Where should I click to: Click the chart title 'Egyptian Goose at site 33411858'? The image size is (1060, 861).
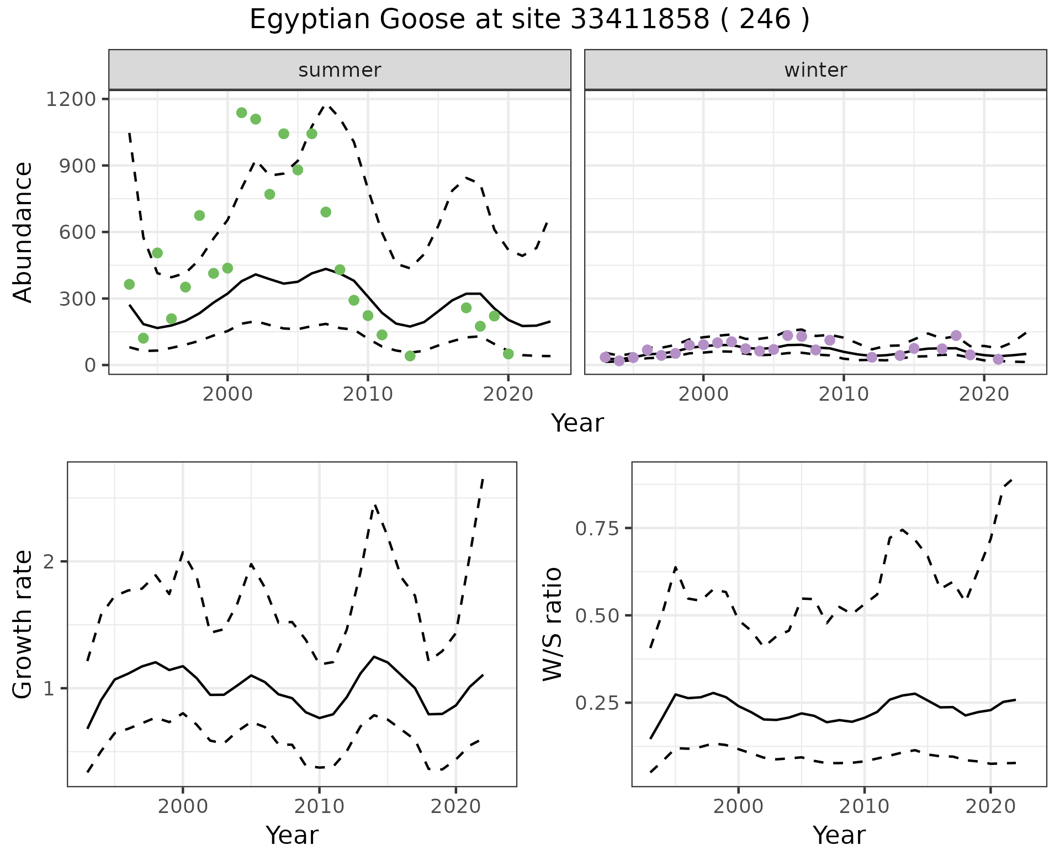pos(529,20)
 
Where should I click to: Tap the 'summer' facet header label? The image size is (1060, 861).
pos(340,70)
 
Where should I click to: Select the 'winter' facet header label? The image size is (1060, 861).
pos(815,70)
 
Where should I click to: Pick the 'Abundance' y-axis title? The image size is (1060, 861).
pos(23,232)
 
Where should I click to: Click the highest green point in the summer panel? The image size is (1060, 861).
pos(241,113)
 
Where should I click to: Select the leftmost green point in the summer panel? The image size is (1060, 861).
pos(129,284)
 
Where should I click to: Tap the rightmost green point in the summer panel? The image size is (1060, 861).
pos(508,354)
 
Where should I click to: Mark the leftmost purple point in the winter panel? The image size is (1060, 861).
pos(605,357)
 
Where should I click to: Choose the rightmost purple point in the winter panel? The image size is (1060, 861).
pos(998,359)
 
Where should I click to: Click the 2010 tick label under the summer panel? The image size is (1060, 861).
pos(367,394)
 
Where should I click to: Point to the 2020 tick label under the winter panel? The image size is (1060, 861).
pos(984,394)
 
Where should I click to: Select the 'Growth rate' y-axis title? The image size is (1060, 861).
pos(23,624)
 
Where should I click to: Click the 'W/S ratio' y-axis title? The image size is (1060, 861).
pos(552,624)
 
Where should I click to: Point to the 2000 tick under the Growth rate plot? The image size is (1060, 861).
pos(183,806)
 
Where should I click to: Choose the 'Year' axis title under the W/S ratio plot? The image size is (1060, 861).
pos(839,835)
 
